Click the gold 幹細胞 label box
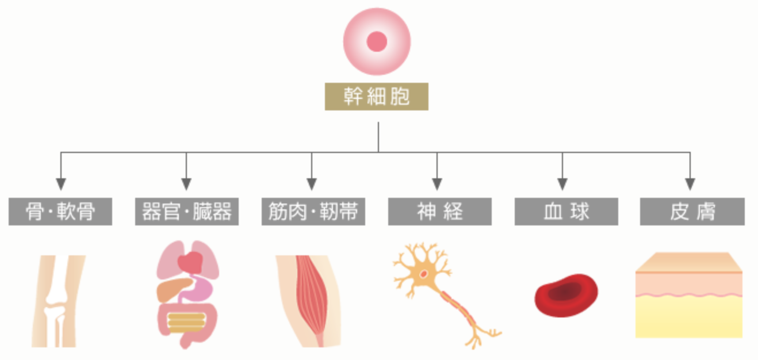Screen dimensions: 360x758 [377, 97]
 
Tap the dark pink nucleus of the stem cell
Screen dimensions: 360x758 [377, 41]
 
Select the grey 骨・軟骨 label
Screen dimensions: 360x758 [60, 212]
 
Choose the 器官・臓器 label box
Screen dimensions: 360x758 [187, 212]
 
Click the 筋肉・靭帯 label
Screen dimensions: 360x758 [313, 212]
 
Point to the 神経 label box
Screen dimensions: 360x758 [439, 212]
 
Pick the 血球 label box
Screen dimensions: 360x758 [566, 212]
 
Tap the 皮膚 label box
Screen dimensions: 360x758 [692, 212]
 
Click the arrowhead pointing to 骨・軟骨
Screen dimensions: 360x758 [60, 184]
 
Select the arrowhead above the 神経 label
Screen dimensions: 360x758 [437, 184]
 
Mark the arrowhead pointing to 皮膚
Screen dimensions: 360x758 [690, 184]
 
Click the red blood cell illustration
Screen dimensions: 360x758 [566, 295]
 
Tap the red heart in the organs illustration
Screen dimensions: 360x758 [190, 263]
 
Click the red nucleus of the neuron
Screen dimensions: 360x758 [423, 274]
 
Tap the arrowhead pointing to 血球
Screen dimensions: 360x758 [563, 184]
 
